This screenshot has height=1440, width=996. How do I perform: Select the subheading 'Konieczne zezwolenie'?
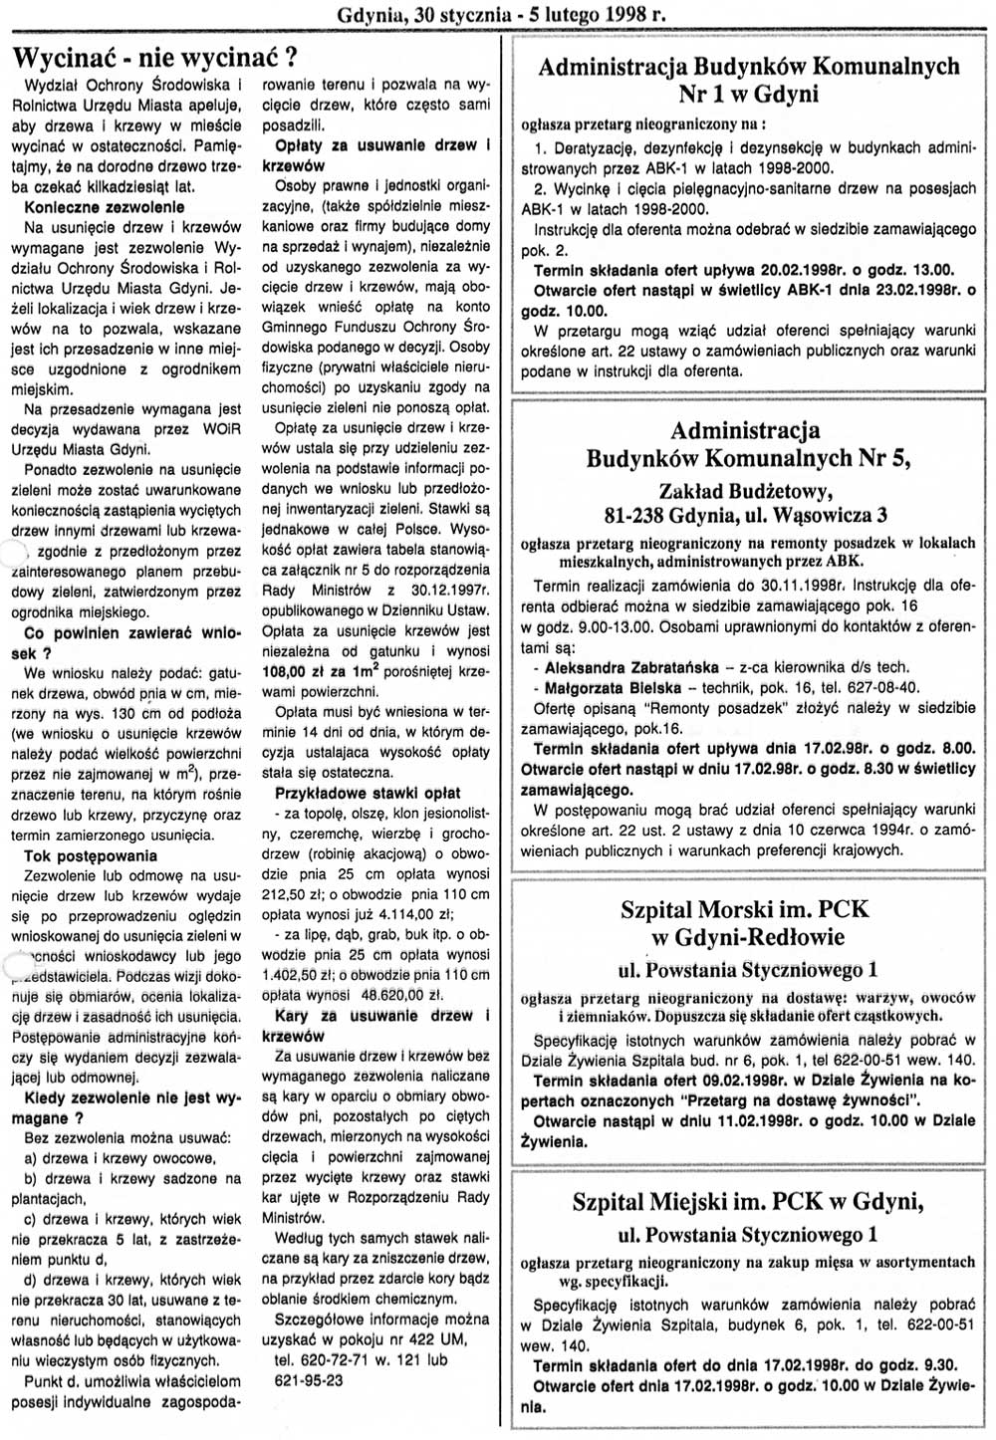pyautogui.click(x=105, y=207)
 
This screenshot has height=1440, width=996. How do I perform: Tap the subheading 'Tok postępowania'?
pyautogui.click(x=91, y=855)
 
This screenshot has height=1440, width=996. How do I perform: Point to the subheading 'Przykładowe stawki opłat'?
pyautogui.click(x=368, y=794)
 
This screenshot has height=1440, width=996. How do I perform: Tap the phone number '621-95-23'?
pyautogui.click(x=308, y=1380)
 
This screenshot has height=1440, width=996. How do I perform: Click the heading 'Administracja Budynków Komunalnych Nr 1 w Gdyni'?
pyautogui.click(x=748, y=80)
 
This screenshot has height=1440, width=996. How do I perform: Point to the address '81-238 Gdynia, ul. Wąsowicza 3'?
pyautogui.click(x=746, y=515)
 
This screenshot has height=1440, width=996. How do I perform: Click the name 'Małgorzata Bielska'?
pyautogui.click(x=614, y=687)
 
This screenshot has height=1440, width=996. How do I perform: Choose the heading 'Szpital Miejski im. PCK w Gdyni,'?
pyautogui.click(x=747, y=1202)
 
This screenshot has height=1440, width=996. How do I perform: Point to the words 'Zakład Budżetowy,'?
pyautogui.click(x=745, y=489)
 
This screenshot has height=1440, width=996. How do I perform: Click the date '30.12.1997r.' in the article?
pyautogui.click(x=447, y=592)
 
